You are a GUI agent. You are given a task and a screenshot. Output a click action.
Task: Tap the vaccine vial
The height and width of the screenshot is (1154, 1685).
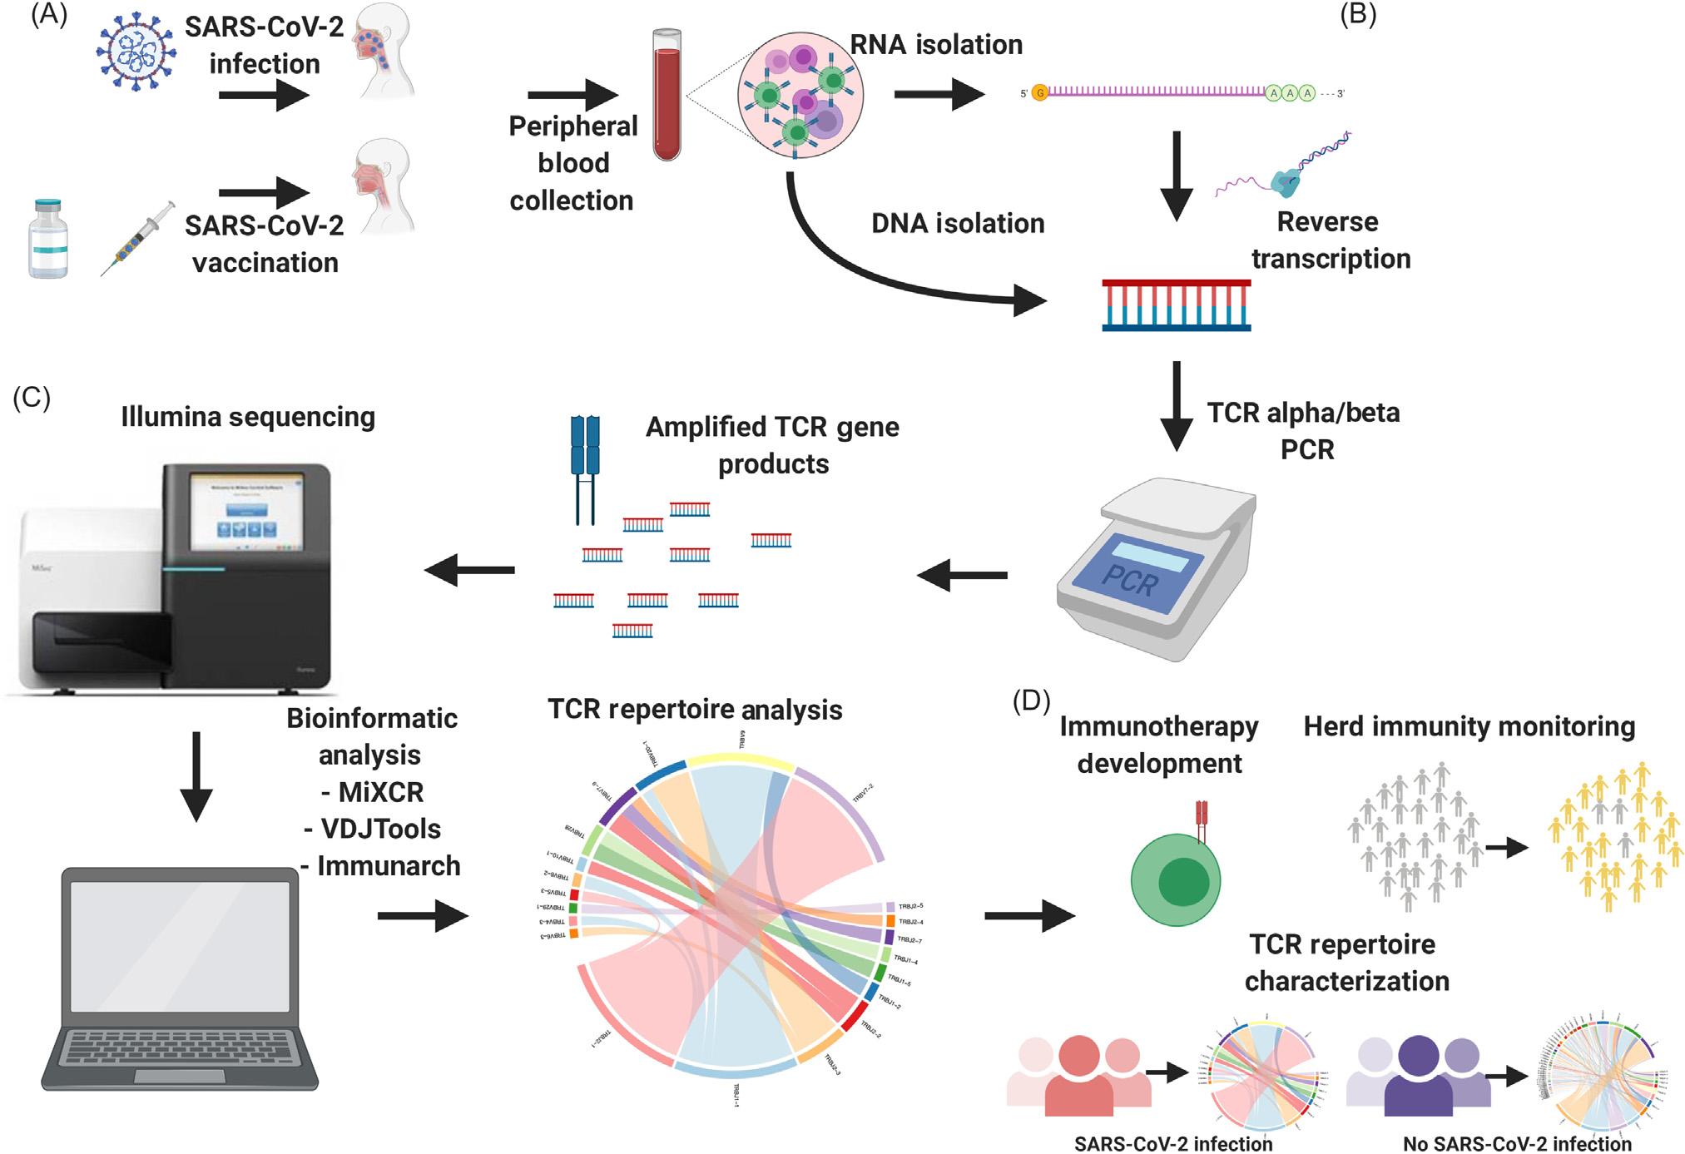[x=48, y=239]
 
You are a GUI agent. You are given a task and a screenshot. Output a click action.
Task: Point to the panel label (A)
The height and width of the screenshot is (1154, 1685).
[x=48, y=16]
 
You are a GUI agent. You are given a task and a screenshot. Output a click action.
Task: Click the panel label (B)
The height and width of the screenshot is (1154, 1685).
[x=1358, y=16]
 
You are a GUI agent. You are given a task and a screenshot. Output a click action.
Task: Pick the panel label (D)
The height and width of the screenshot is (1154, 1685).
[x=1031, y=701]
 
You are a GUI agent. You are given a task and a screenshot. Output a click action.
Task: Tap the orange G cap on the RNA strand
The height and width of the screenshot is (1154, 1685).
[x=1039, y=93]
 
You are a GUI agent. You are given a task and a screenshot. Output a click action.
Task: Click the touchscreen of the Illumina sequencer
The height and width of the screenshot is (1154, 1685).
[x=246, y=512]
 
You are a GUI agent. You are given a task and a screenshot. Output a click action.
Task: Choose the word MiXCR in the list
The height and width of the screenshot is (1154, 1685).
[x=381, y=792]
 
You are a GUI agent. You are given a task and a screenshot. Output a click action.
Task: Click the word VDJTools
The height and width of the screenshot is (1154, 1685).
[x=380, y=829]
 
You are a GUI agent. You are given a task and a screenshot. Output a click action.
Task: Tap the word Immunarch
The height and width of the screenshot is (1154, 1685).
[x=389, y=865]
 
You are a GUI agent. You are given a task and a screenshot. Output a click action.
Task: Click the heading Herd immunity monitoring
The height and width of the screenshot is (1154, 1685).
[x=1469, y=726]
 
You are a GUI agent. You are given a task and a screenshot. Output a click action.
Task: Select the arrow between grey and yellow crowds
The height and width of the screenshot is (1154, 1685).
[x=1507, y=849]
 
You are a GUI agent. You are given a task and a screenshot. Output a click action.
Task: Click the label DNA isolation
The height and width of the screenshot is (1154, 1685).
[x=958, y=223]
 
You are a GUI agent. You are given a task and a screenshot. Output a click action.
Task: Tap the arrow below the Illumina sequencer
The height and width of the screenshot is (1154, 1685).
[x=196, y=775]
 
